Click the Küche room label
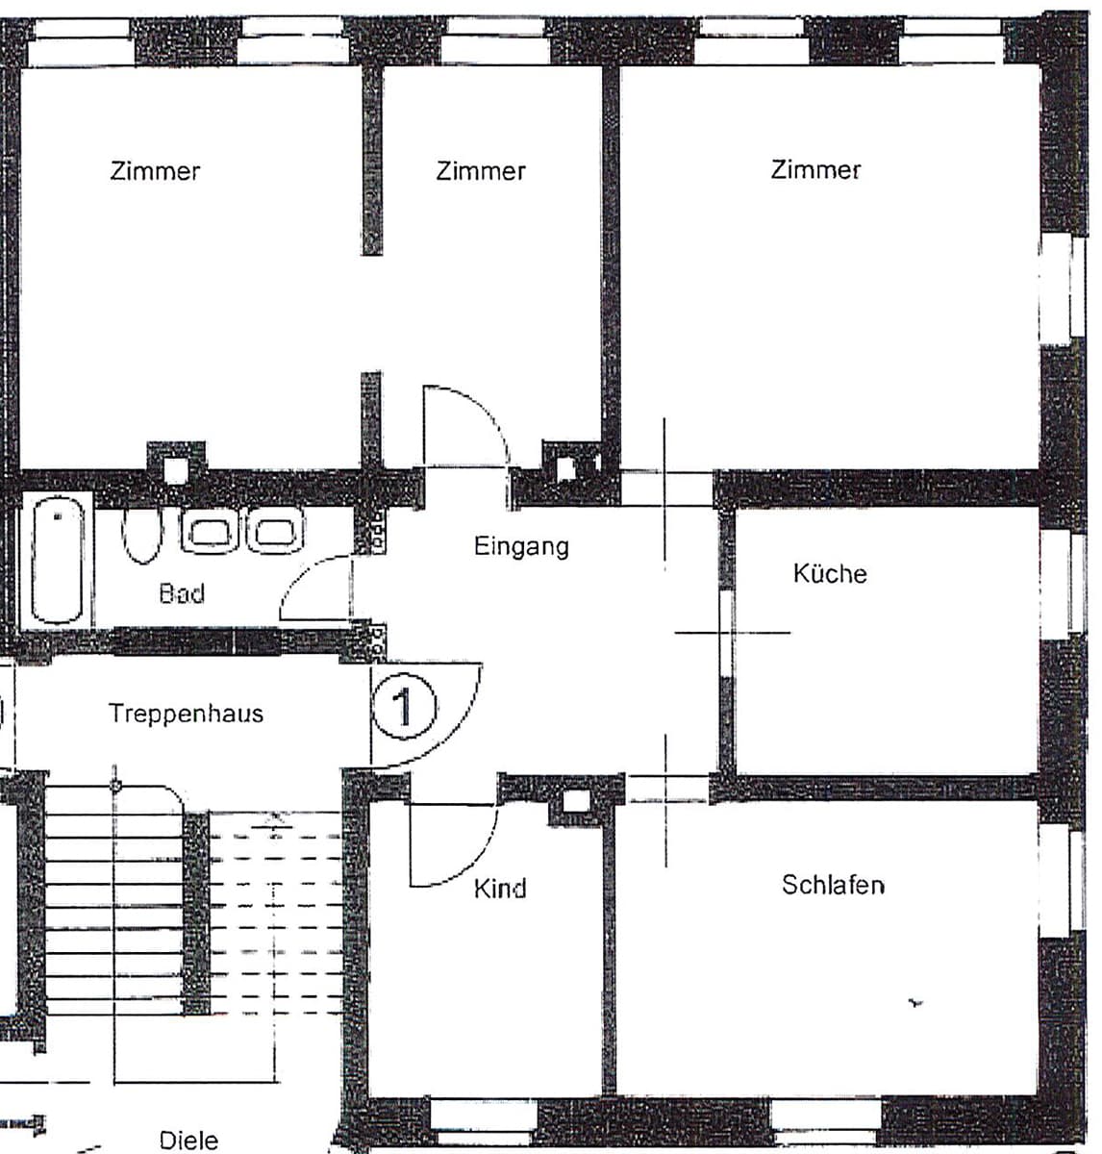829,573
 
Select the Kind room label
499,889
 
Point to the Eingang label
521,546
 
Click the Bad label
182,593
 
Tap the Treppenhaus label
186,713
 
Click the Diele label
188,1140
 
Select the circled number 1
405,706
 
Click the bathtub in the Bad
57,560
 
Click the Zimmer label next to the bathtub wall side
155,171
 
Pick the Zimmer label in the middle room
481,171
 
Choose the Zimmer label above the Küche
815,169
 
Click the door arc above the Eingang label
487,409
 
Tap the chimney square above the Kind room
576,802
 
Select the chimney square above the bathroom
176,470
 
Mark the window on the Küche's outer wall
1063,584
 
